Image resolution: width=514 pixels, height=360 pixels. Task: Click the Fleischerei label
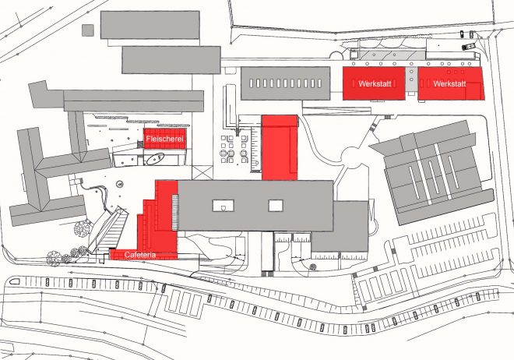point(165,139)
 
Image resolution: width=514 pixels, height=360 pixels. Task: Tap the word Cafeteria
point(140,255)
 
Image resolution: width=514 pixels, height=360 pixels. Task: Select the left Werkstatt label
point(375,83)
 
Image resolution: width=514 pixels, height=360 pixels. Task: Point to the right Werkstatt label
point(449,83)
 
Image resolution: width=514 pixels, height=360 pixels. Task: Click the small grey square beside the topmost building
point(88,30)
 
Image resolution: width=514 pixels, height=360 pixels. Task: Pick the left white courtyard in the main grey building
point(224,206)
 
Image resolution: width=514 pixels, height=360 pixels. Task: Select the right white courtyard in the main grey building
point(276,206)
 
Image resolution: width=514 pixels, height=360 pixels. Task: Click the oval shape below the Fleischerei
point(156,159)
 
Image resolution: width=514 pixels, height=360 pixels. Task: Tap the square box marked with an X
point(202,172)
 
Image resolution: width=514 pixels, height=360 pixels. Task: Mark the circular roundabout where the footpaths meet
point(351,156)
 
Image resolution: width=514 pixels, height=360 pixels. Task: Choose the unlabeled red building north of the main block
point(280,147)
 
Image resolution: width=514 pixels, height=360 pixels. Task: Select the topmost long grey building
point(150,25)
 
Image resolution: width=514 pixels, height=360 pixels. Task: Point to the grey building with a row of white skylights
point(286,83)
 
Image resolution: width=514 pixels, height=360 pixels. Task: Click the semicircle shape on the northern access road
point(336,56)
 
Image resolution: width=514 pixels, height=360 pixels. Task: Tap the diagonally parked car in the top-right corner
point(468,46)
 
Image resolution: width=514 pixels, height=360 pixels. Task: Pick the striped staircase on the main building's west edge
point(175,212)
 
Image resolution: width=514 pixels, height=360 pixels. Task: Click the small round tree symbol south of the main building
point(313,267)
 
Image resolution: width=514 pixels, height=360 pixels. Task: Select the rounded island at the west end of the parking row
point(15,281)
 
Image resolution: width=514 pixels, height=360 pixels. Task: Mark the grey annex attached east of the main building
point(340,227)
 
